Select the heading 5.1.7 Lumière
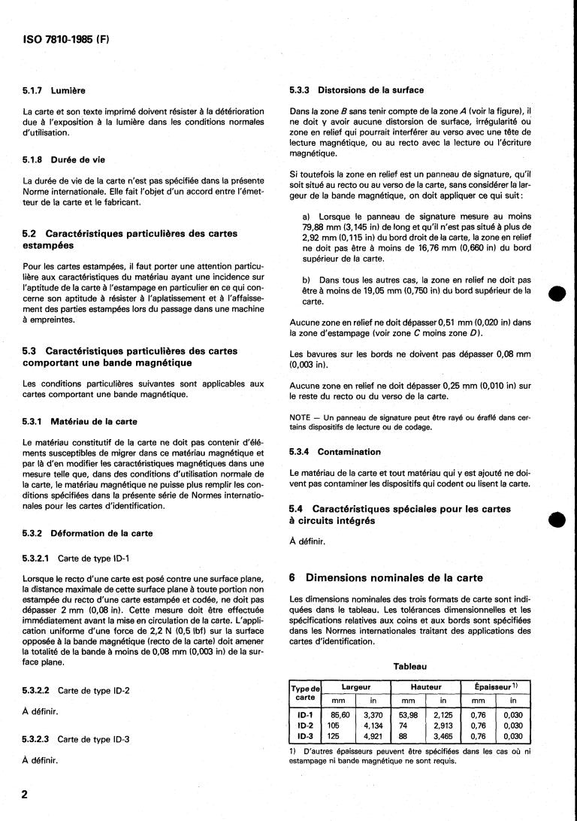(55, 91)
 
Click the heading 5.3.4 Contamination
(335, 452)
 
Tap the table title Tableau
(409, 666)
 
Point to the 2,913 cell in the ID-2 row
(443, 726)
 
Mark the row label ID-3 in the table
(306, 737)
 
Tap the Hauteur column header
(426, 687)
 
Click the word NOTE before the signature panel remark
(301, 418)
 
